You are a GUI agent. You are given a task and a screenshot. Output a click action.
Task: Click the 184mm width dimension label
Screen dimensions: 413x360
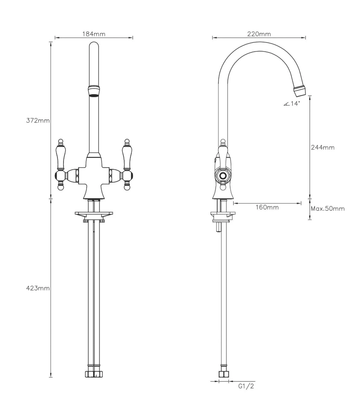point(94,33)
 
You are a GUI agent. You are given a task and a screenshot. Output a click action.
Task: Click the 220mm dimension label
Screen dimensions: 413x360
point(259,34)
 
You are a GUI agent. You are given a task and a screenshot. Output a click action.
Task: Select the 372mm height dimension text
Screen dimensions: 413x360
point(38,121)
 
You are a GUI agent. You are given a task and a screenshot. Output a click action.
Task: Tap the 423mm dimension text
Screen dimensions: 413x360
point(38,288)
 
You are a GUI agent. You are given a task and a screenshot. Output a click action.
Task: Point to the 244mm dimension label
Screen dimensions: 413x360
point(323,147)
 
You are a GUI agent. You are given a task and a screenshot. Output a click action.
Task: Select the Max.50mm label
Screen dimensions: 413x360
point(327,209)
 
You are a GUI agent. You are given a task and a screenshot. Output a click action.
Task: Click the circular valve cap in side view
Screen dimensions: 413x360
point(223,176)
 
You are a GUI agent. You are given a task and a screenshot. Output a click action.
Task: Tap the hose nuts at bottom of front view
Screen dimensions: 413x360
point(94,374)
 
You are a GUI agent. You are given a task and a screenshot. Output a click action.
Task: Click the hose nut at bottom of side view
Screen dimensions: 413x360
point(223,374)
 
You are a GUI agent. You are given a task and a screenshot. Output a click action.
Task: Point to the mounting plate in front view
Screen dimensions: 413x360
point(94,214)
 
